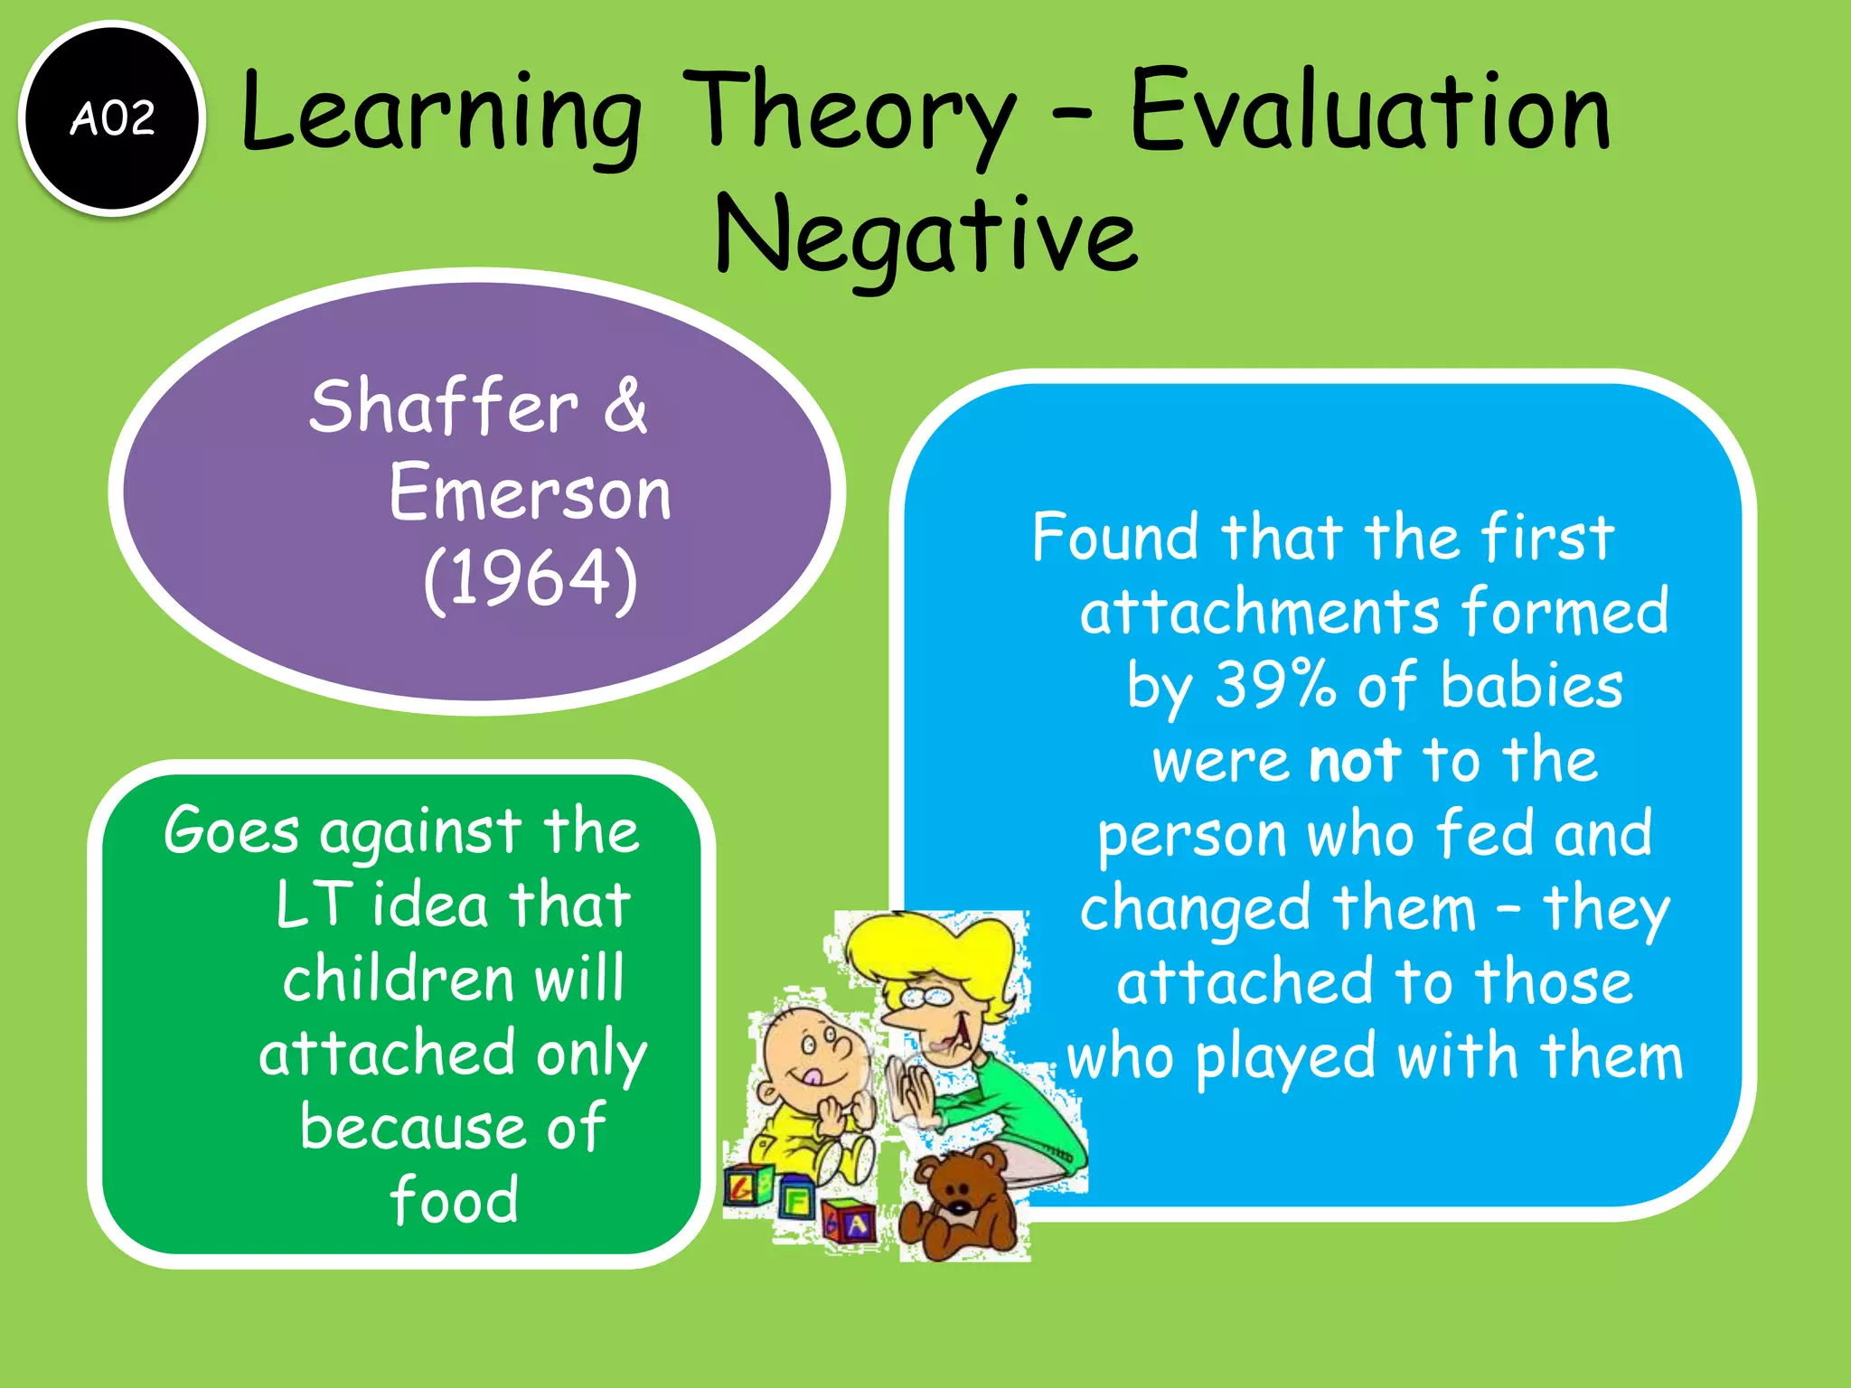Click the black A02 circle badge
(x=112, y=118)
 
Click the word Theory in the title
(x=850, y=113)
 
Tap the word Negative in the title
(x=925, y=237)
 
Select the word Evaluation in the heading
(x=1369, y=113)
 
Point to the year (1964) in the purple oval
(x=531, y=578)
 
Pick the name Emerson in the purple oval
(x=531, y=493)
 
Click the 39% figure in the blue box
(x=1274, y=685)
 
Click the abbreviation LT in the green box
(x=313, y=904)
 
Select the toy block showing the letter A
(x=850, y=1224)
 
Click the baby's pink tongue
(x=814, y=1077)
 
